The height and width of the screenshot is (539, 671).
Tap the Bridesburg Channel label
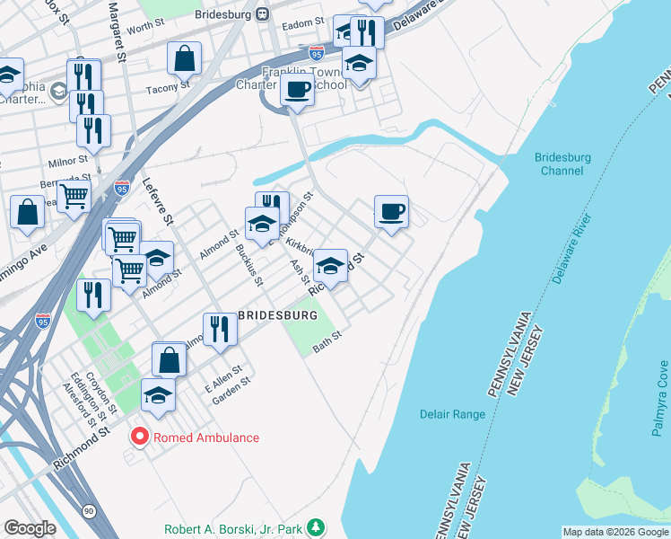click(x=562, y=163)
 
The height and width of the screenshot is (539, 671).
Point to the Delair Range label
click(x=452, y=414)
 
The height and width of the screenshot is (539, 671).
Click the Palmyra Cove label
click(x=661, y=397)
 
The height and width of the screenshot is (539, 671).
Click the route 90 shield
click(x=88, y=510)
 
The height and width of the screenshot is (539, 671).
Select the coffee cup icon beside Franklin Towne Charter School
click(x=296, y=90)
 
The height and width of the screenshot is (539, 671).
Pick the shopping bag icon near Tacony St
click(x=184, y=59)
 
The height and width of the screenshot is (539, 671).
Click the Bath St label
click(x=327, y=344)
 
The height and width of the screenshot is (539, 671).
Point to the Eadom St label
click(x=302, y=22)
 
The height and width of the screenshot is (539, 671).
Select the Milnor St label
click(x=67, y=161)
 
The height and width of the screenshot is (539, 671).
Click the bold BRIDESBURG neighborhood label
click(x=277, y=316)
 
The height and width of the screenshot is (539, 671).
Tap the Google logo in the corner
click(x=30, y=528)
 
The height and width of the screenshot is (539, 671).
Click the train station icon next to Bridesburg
click(x=261, y=13)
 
